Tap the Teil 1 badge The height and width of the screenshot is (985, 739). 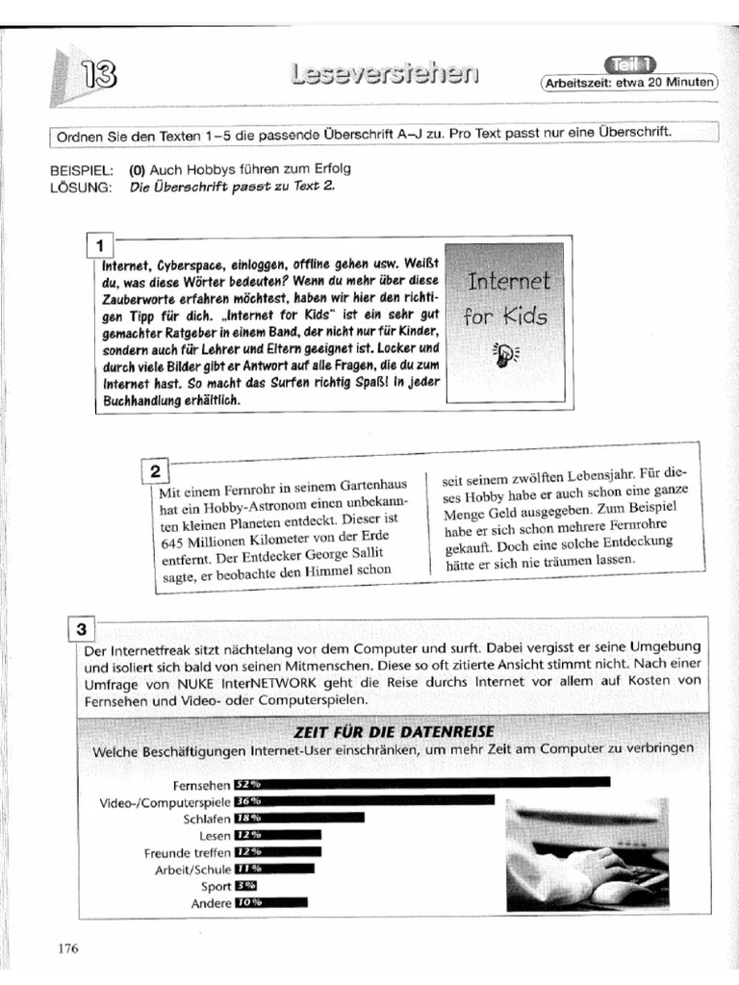tap(630, 64)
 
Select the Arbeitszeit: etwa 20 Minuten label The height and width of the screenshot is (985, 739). tap(630, 83)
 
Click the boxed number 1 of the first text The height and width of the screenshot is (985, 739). tap(100, 244)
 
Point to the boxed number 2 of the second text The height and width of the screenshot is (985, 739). tap(155, 470)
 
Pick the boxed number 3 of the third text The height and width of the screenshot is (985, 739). tap(82, 630)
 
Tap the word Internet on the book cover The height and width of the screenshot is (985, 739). tap(508, 282)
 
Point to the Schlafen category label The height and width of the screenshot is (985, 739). tap(206, 819)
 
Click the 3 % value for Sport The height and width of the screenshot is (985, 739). tap(245, 887)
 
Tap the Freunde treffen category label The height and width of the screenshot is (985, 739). tap(188, 853)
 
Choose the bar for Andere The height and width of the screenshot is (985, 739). tap(270, 903)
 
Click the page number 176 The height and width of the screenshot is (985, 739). tap(67, 948)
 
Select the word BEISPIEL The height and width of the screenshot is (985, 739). tap(81, 168)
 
